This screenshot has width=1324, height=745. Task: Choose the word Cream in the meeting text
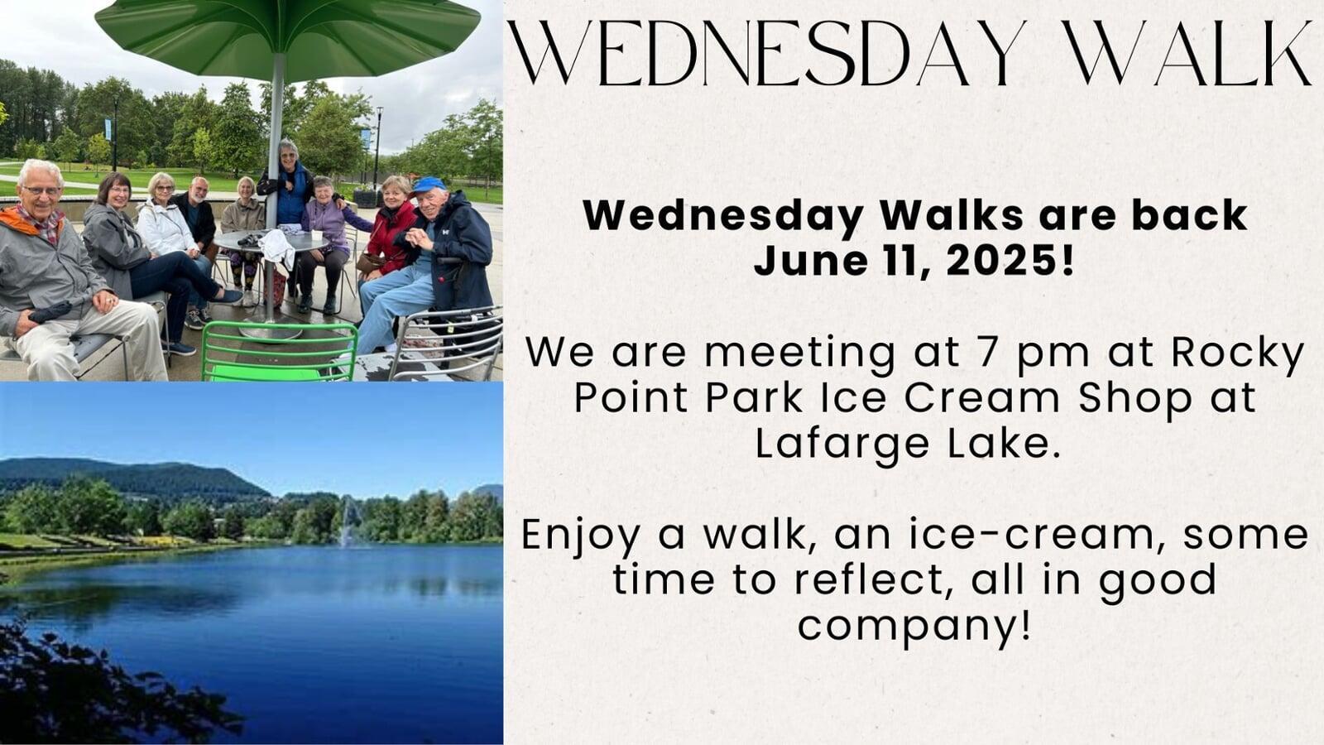pyautogui.click(x=981, y=398)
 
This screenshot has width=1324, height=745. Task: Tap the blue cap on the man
pyautogui.click(x=428, y=185)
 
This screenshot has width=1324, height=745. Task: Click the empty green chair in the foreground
pyautogui.click(x=278, y=351)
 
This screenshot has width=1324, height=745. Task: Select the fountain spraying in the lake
pyautogui.click(x=348, y=521)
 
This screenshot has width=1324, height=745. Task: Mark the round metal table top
pyautogui.click(x=271, y=241)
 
